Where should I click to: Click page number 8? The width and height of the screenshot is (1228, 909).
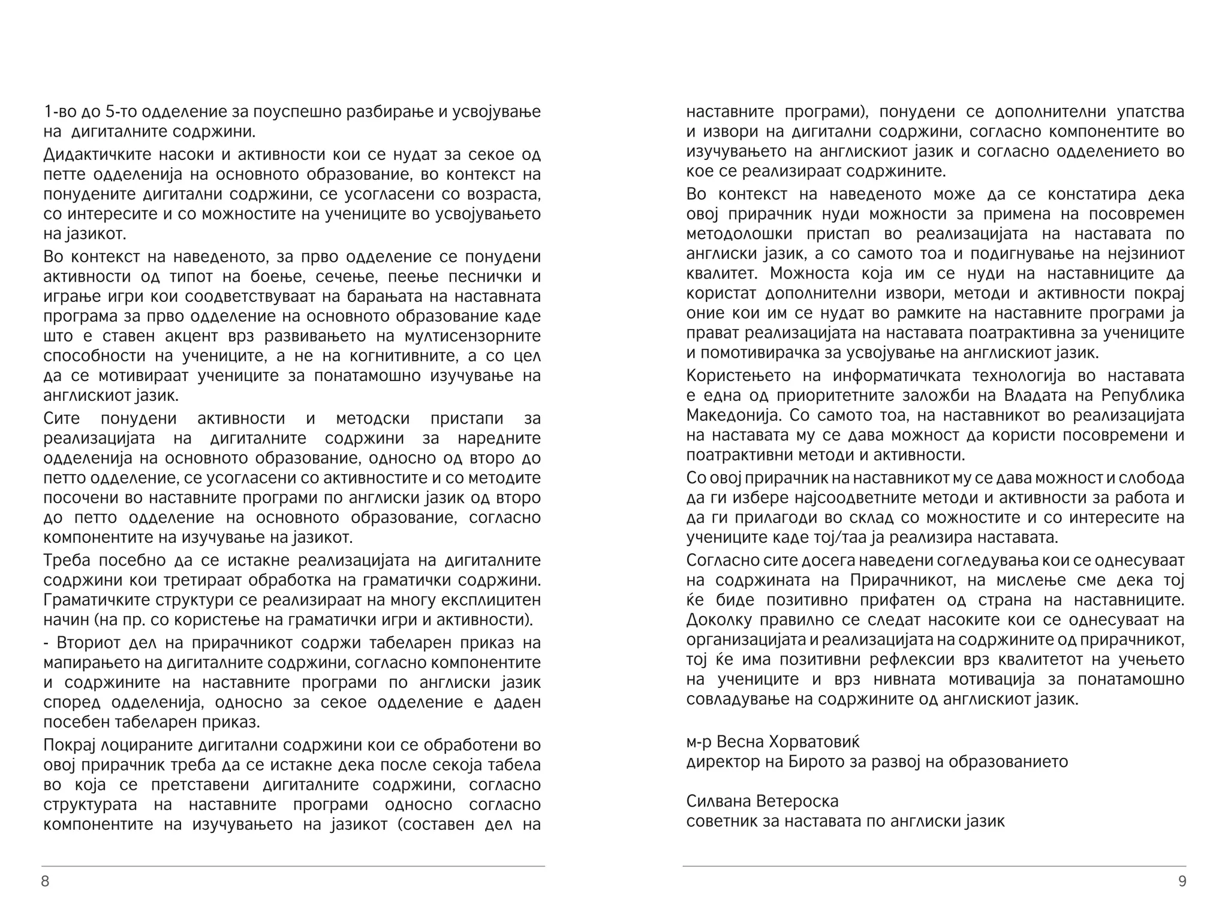tap(45, 881)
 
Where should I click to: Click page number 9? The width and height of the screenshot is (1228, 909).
tap(1182, 881)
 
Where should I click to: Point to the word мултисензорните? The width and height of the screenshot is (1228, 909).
tap(472, 336)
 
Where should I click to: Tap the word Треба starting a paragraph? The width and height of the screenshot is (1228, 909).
tap(67, 560)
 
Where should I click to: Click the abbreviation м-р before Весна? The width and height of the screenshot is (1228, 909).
tap(699, 742)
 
